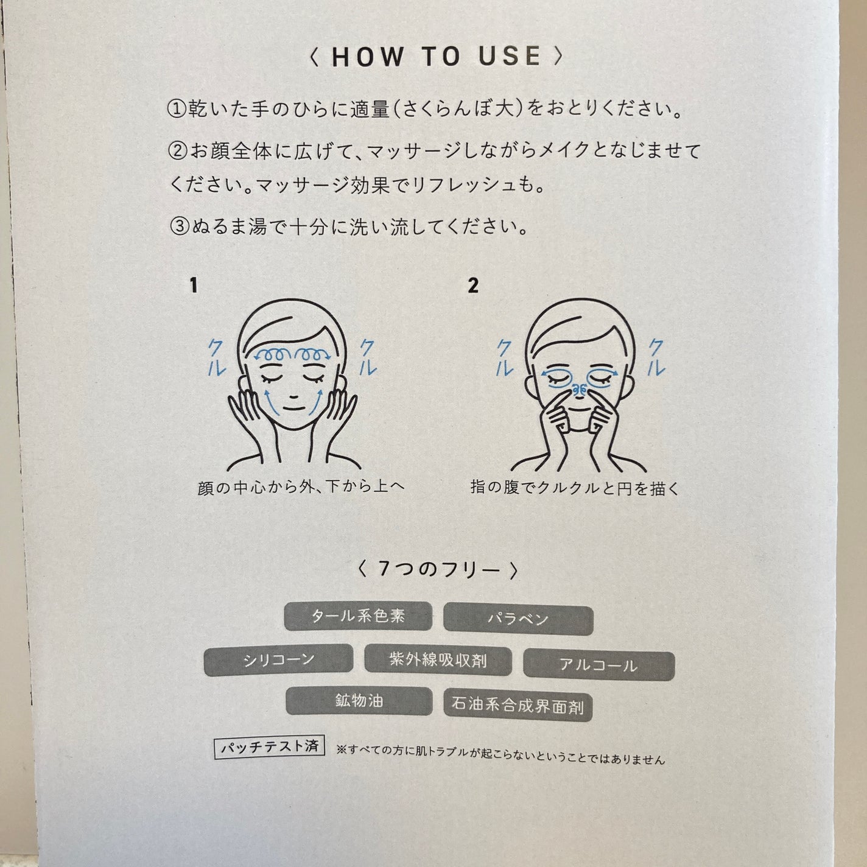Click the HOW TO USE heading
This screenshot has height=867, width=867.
pyautogui.click(x=436, y=57)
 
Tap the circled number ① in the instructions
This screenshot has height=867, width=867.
pyautogui.click(x=177, y=110)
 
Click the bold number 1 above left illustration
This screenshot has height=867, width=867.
pyautogui.click(x=194, y=286)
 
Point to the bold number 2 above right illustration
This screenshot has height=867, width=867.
pyautogui.click(x=473, y=286)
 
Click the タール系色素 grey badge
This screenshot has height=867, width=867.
pyautogui.click(x=358, y=616)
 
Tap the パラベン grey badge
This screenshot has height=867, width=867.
pyautogui.click(x=518, y=620)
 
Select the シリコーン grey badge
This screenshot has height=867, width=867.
pyautogui.click(x=278, y=660)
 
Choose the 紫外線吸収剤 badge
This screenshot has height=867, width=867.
pyautogui.click(x=438, y=661)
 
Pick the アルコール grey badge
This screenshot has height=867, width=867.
pyautogui.click(x=599, y=664)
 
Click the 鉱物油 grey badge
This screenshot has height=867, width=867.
pyautogui.click(x=359, y=701)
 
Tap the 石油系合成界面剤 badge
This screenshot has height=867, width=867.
pyautogui.click(x=518, y=705)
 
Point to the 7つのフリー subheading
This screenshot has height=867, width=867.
pyautogui.click(x=437, y=570)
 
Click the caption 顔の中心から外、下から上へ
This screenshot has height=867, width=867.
pyautogui.click(x=301, y=487)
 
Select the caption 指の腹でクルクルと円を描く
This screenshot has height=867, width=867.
pyautogui.click(x=574, y=488)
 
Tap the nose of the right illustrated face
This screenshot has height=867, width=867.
pyautogui.click(x=580, y=390)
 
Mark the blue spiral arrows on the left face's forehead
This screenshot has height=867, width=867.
pyautogui.click(x=292, y=354)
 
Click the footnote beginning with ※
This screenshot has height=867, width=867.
pyautogui.click(x=500, y=757)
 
